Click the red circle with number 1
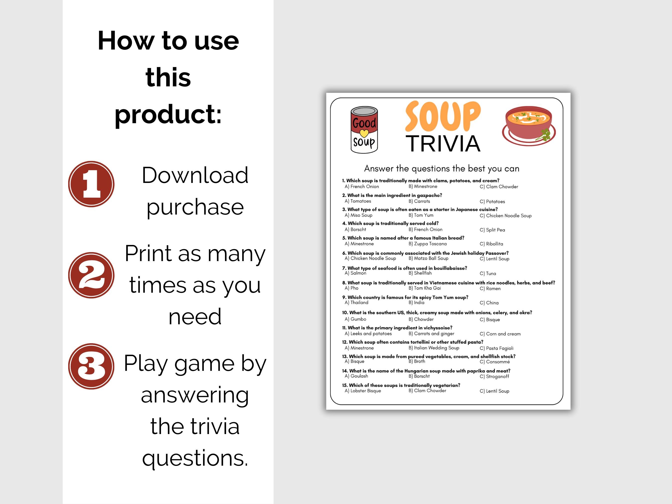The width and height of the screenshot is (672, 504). pos(91,184)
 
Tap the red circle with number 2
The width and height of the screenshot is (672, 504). pos(91,275)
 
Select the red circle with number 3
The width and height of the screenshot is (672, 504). pos(91,366)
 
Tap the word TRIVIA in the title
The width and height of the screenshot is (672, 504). pos(443,143)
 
